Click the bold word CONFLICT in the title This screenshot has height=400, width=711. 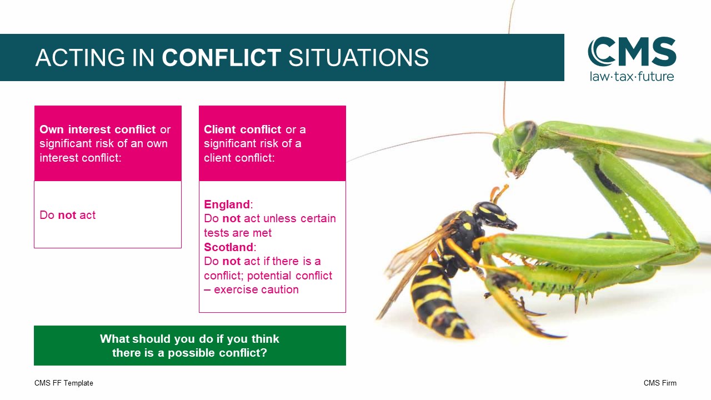coord(221,57)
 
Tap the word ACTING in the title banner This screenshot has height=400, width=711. coord(80,57)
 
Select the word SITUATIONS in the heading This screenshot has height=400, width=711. coord(358,57)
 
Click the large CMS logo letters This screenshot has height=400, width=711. coord(632,52)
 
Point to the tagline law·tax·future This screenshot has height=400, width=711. coord(632,77)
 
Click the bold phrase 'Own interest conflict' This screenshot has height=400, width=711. coord(97,129)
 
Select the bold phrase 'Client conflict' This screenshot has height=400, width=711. coord(243,129)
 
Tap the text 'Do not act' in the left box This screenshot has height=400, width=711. coord(67,215)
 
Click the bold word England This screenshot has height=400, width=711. coord(227,204)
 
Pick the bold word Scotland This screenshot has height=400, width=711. coord(228,247)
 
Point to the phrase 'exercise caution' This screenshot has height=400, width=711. coord(256,289)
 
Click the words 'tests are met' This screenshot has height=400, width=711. coord(238,233)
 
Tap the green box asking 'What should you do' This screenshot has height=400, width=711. coord(190,346)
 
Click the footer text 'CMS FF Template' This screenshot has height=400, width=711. coord(64,383)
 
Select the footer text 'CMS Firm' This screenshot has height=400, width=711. coord(660,383)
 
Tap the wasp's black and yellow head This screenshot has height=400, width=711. coord(494,216)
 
